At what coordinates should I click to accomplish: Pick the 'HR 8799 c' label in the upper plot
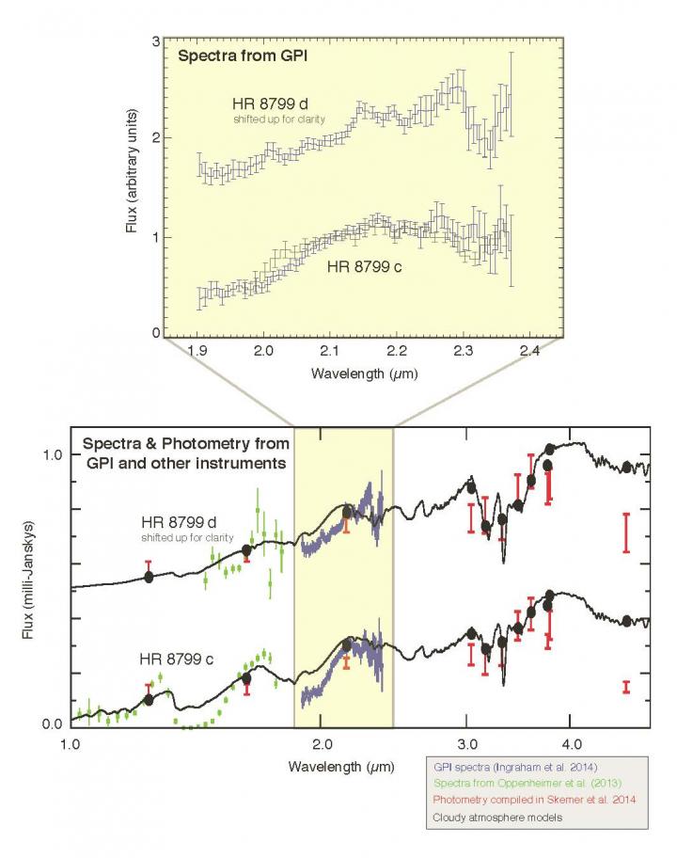(365, 267)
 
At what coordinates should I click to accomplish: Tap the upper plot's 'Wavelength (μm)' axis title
(363, 373)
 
